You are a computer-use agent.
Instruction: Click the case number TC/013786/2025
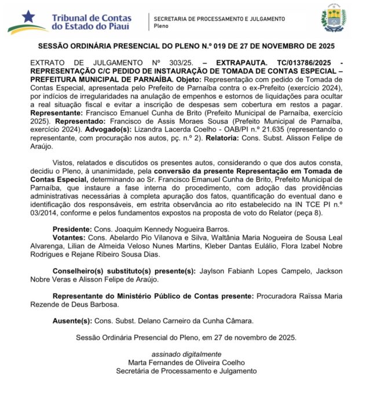coord(306,61)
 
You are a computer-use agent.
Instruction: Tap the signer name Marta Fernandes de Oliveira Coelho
coord(186,362)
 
